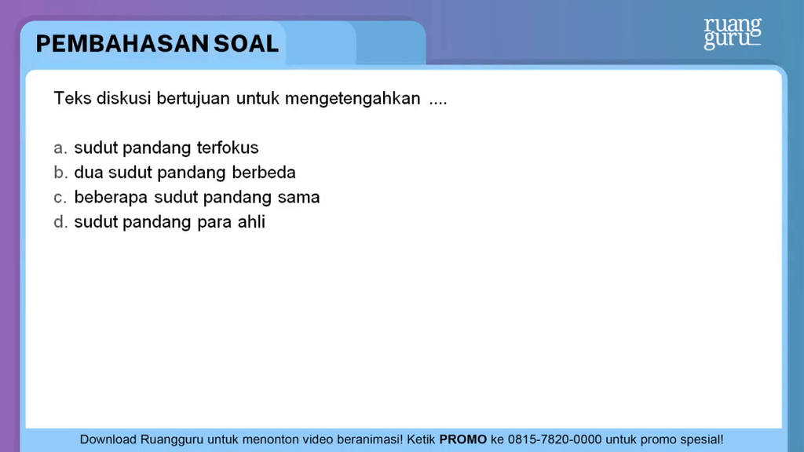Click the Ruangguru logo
[x=732, y=33]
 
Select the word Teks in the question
[x=72, y=100]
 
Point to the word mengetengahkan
[x=353, y=100]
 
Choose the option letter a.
[x=59, y=148]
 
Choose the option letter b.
[x=59, y=173]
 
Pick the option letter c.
[x=59, y=198]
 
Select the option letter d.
[x=59, y=222]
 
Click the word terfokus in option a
[x=228, y=148]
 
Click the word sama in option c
[x=298, y=198]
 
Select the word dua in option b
[x=89, y=173]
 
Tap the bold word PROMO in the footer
[x=462, y=439]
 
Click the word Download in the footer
[x=108, y=439]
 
